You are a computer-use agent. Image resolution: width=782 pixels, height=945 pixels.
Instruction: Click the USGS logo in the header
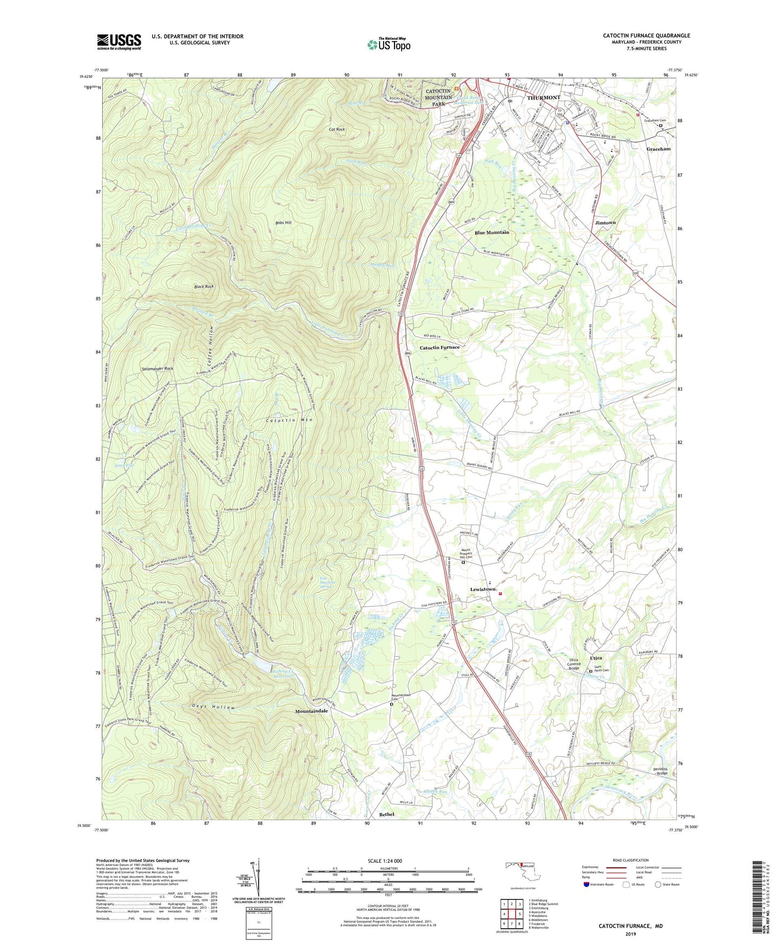[x=119, y=42]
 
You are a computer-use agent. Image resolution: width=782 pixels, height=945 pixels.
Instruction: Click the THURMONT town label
[x=543, y=97]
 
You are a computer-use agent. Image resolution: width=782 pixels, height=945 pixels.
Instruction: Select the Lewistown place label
[x=483, y=589]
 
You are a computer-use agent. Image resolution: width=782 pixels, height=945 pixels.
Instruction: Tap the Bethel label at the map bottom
[x=386, y=815]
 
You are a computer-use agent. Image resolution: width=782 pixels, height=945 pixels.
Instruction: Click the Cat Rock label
[x=337, y=129]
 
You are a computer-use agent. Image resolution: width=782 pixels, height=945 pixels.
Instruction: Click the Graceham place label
[x=659, y=149]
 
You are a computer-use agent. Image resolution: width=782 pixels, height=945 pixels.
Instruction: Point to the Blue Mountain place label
[x=491, y=232]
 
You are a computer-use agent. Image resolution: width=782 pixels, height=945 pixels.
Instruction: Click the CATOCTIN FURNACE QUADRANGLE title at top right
[x=646, y=36]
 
